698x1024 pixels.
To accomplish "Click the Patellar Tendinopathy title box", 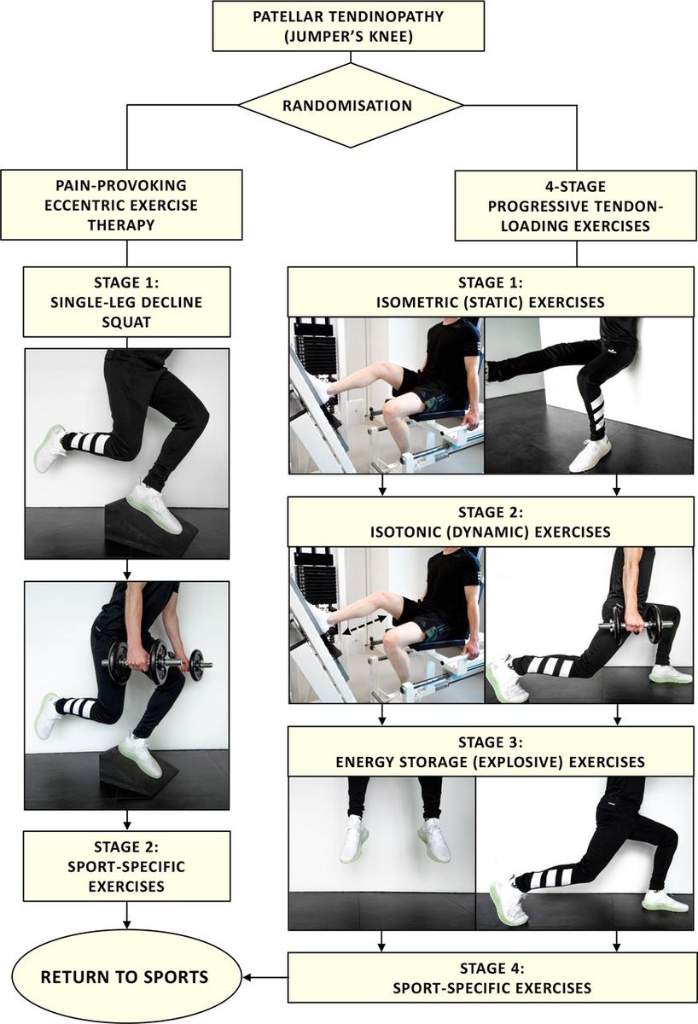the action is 348,26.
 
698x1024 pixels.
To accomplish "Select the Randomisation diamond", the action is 350,106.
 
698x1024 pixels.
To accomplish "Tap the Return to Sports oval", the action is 125,977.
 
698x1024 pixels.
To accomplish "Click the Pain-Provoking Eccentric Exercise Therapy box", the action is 121,205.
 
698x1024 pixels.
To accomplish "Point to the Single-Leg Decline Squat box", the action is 126,302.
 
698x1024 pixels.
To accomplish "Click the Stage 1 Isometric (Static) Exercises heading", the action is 491,292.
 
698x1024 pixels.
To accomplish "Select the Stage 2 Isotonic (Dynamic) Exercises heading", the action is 491,521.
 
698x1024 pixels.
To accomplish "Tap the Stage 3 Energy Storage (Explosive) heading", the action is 491,752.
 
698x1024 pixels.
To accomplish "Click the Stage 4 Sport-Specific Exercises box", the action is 492,978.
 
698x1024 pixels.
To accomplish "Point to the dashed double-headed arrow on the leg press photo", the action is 364,624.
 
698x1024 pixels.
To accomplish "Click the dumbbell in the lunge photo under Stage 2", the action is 630,625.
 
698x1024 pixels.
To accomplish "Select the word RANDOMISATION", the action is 347,106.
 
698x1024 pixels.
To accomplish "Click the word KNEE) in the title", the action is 389,36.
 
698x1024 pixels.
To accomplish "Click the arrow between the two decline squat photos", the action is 127,570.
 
